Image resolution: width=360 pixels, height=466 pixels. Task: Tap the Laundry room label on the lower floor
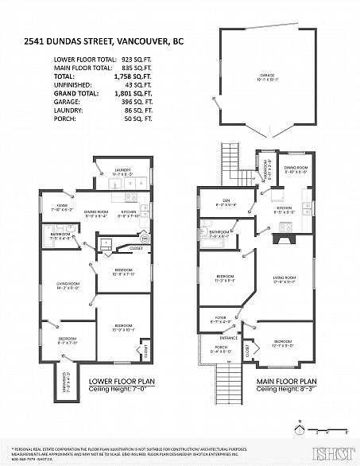(x=122, y=169)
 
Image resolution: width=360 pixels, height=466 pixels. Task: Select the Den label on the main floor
(x=225, y=201)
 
